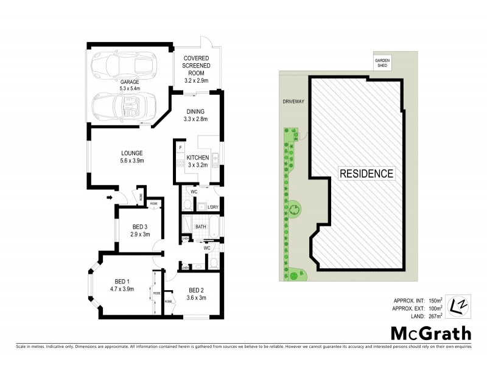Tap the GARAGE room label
pyautogui.click(x=129, y=82)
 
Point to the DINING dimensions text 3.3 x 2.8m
pyautogui.click(x=196, y=119)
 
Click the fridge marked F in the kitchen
pyautogui.click(x=180, y=148)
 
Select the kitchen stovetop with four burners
pyautogui.click(x=180, y=162)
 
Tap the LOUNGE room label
pyautogui.click(x=131, y=153)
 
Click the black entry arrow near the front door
pyautogui.click(x=110, y=196)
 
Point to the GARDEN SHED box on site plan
pyautogui.click(x=382, y=63)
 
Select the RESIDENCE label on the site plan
pyautogui.click(x=366, y=173)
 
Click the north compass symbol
pyautogui.click(x=458, y=305)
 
